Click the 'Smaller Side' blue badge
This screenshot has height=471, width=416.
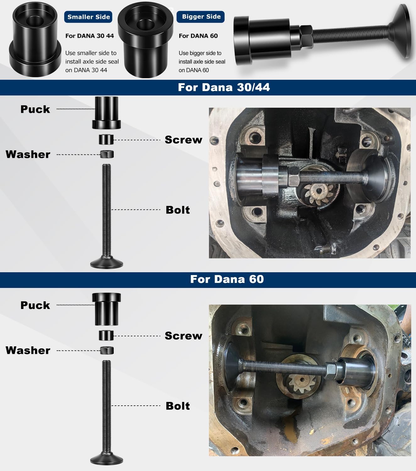[88, 17]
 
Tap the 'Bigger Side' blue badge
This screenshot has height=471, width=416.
[201, 17]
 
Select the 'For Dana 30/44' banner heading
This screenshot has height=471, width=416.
[224, 87]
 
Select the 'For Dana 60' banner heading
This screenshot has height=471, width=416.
[227, 279]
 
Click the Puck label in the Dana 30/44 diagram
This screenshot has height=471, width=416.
[35, 109]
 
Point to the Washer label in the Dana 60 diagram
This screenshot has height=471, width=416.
[28, 350]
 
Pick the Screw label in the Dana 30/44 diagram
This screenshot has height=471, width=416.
[183, 140]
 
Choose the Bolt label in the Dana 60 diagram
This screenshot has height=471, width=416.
[178, 406]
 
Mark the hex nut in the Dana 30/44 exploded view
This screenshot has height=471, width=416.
[107, 154]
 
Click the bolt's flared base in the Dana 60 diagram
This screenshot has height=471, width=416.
[107, 459]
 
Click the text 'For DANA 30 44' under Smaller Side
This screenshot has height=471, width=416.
[90, 36]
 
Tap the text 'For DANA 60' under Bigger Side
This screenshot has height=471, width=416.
[198, 36]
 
